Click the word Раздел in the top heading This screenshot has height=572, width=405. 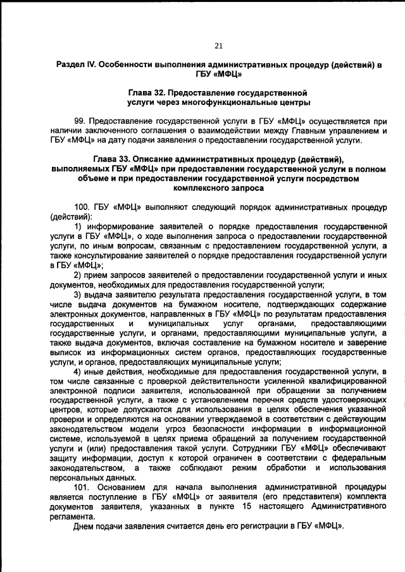tap(70, 65)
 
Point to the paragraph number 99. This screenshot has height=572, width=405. tap(79, 121)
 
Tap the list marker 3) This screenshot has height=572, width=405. tap(78, 295)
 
